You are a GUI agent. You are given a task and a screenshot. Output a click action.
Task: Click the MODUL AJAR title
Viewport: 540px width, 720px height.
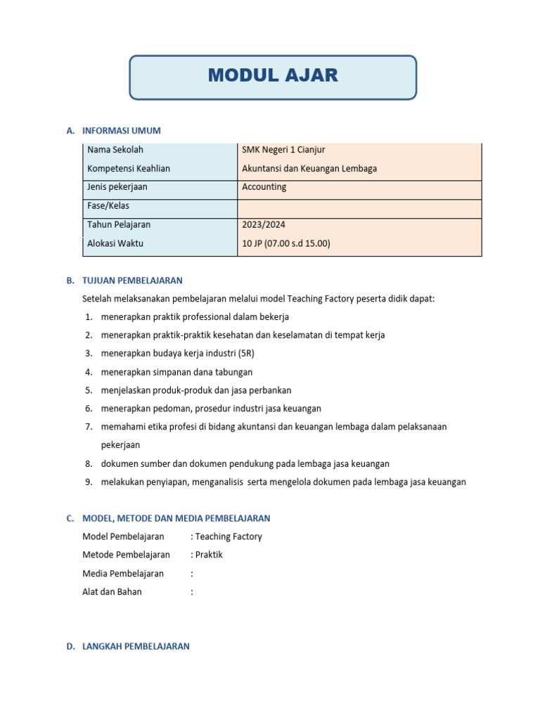[x=273, y=76]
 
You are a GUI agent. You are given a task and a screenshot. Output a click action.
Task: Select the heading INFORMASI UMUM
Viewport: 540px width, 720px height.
[x=122, y=131]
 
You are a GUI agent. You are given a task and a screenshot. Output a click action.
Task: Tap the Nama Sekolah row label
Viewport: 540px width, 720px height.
[x=115, y=150]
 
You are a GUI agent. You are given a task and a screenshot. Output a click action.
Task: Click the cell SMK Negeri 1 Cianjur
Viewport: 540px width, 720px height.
[x=283, y=150]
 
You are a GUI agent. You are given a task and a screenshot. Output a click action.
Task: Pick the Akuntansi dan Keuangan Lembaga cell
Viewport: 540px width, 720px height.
[x=309, y=169]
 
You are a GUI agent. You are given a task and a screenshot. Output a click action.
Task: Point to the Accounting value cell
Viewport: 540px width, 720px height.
[x=264, y=187]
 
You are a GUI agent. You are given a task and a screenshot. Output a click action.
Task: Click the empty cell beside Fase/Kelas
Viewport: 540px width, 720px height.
[x=359, y=207]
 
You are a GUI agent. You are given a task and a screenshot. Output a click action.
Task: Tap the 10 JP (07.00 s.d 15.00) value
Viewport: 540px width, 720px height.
[x=286, y=244]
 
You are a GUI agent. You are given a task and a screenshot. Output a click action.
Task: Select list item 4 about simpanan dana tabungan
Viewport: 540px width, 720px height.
[x=176, y=372]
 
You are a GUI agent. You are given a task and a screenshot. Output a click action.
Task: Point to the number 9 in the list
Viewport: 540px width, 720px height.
[x=89, y=482]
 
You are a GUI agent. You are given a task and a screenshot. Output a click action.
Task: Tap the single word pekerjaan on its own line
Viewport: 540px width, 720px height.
[x=120, y=445]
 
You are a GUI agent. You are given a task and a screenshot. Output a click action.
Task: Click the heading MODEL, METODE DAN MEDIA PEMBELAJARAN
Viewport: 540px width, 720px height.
[x=176, y=518]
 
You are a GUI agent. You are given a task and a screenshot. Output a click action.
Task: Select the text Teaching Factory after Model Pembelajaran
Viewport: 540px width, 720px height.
[x=229, y=536]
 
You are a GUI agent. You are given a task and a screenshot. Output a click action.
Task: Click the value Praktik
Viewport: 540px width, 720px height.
[x=209, y=555]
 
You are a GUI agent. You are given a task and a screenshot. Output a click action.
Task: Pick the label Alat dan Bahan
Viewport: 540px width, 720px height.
[x=112, y=592]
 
